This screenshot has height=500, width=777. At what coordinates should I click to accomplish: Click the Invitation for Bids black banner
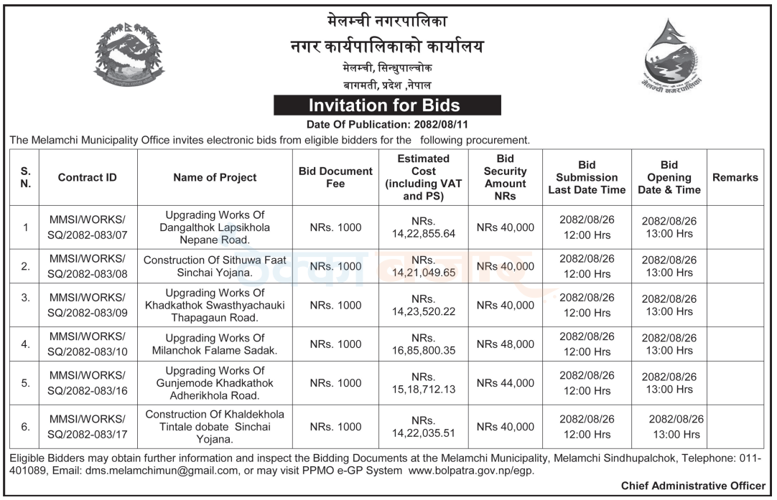387,105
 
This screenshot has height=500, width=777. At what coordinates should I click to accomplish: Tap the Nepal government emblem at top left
128,55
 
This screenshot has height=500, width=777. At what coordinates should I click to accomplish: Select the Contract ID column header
87,178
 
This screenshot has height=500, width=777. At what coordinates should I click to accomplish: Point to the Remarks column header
735,178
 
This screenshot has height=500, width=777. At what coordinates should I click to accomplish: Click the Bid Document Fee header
335,177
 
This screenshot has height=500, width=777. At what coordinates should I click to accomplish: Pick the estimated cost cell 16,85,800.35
424,344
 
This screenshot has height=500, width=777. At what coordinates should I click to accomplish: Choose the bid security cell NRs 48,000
506,344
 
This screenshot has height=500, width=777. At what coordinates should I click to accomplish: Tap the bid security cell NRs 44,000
506,383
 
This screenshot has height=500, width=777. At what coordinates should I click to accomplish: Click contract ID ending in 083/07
87,227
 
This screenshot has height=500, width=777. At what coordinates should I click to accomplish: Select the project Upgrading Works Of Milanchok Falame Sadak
215,344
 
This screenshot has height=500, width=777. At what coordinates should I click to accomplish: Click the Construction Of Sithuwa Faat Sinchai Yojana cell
215,266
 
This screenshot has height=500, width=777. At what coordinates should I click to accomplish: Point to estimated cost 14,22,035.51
424,427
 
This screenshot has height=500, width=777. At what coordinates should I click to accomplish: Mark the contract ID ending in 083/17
87,427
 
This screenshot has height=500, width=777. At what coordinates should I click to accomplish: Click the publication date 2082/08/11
441,125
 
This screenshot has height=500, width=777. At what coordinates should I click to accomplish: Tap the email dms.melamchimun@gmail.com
162,471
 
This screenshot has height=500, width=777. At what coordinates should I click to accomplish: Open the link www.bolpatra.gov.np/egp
471,471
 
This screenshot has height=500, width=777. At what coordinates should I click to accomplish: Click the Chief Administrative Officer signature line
693,486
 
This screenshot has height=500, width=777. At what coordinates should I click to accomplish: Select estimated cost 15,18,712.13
424,383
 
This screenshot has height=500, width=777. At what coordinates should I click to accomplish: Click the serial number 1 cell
25,227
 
